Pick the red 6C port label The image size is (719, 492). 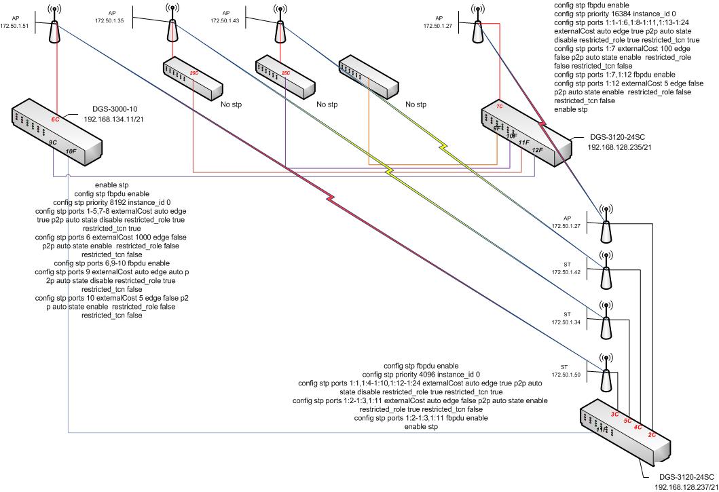click(56, 119)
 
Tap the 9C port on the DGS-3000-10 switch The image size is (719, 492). click(53, 143)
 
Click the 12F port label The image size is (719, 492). click(538, 149)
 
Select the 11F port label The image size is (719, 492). click(523, 143)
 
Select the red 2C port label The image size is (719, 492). click(652, 433)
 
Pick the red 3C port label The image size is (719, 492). click(614, 413)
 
